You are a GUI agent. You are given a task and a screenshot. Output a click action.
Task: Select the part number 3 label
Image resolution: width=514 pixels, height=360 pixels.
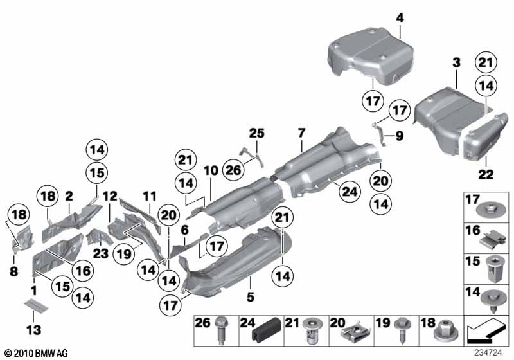point(456,62)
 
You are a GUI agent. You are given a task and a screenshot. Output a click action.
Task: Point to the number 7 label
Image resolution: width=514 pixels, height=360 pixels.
point(300,133)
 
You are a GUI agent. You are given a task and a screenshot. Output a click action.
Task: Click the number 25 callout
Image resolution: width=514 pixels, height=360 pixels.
point(256,133)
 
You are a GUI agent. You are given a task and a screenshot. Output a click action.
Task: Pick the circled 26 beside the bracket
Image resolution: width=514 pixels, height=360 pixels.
point(233,170)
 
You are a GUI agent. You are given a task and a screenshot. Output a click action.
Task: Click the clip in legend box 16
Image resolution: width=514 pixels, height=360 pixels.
point(490,240)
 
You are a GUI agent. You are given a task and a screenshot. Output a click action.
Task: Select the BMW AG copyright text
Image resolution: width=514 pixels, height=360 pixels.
point(36,354)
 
